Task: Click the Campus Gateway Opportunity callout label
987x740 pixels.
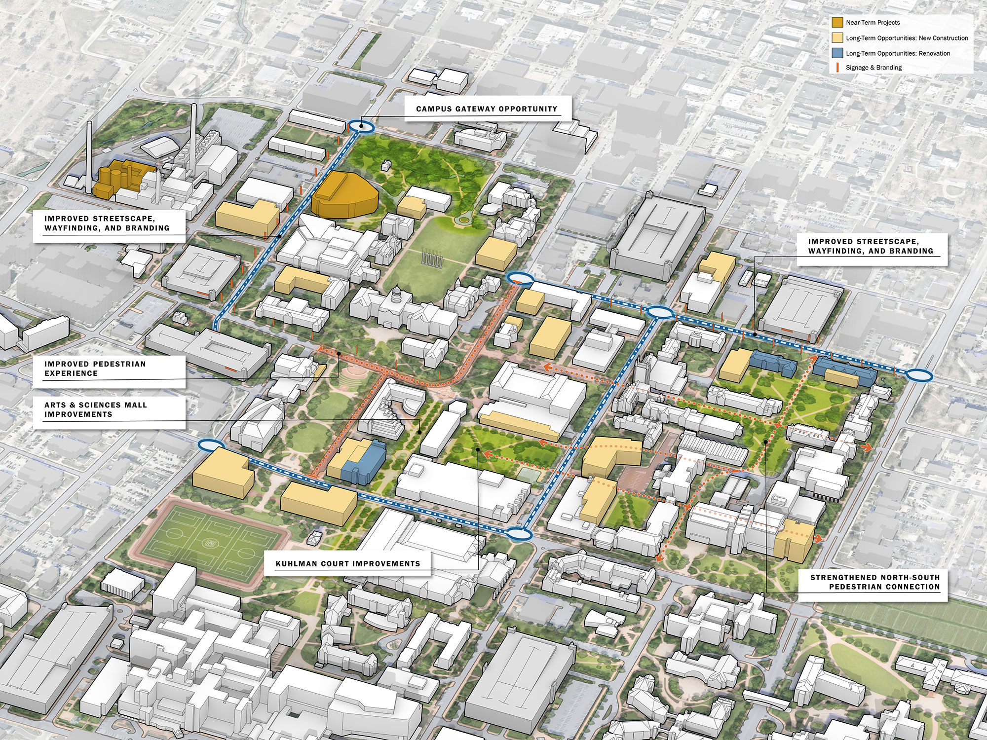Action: coord(487,109)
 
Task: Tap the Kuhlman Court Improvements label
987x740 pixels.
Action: coord(347,563)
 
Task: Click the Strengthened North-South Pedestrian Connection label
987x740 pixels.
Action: coord(874,582)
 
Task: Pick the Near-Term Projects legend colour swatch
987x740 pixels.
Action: coord(837,22)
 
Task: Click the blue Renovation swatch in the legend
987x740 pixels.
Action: coord(837,53)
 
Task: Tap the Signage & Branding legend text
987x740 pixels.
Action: coord(873,68)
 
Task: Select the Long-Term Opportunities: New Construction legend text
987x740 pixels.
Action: coord(907,38)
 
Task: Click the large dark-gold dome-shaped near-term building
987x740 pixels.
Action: coord(344,195)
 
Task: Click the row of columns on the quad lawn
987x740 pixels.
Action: coord(432,259)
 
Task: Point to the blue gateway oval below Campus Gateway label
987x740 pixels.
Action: coord(361,126)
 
